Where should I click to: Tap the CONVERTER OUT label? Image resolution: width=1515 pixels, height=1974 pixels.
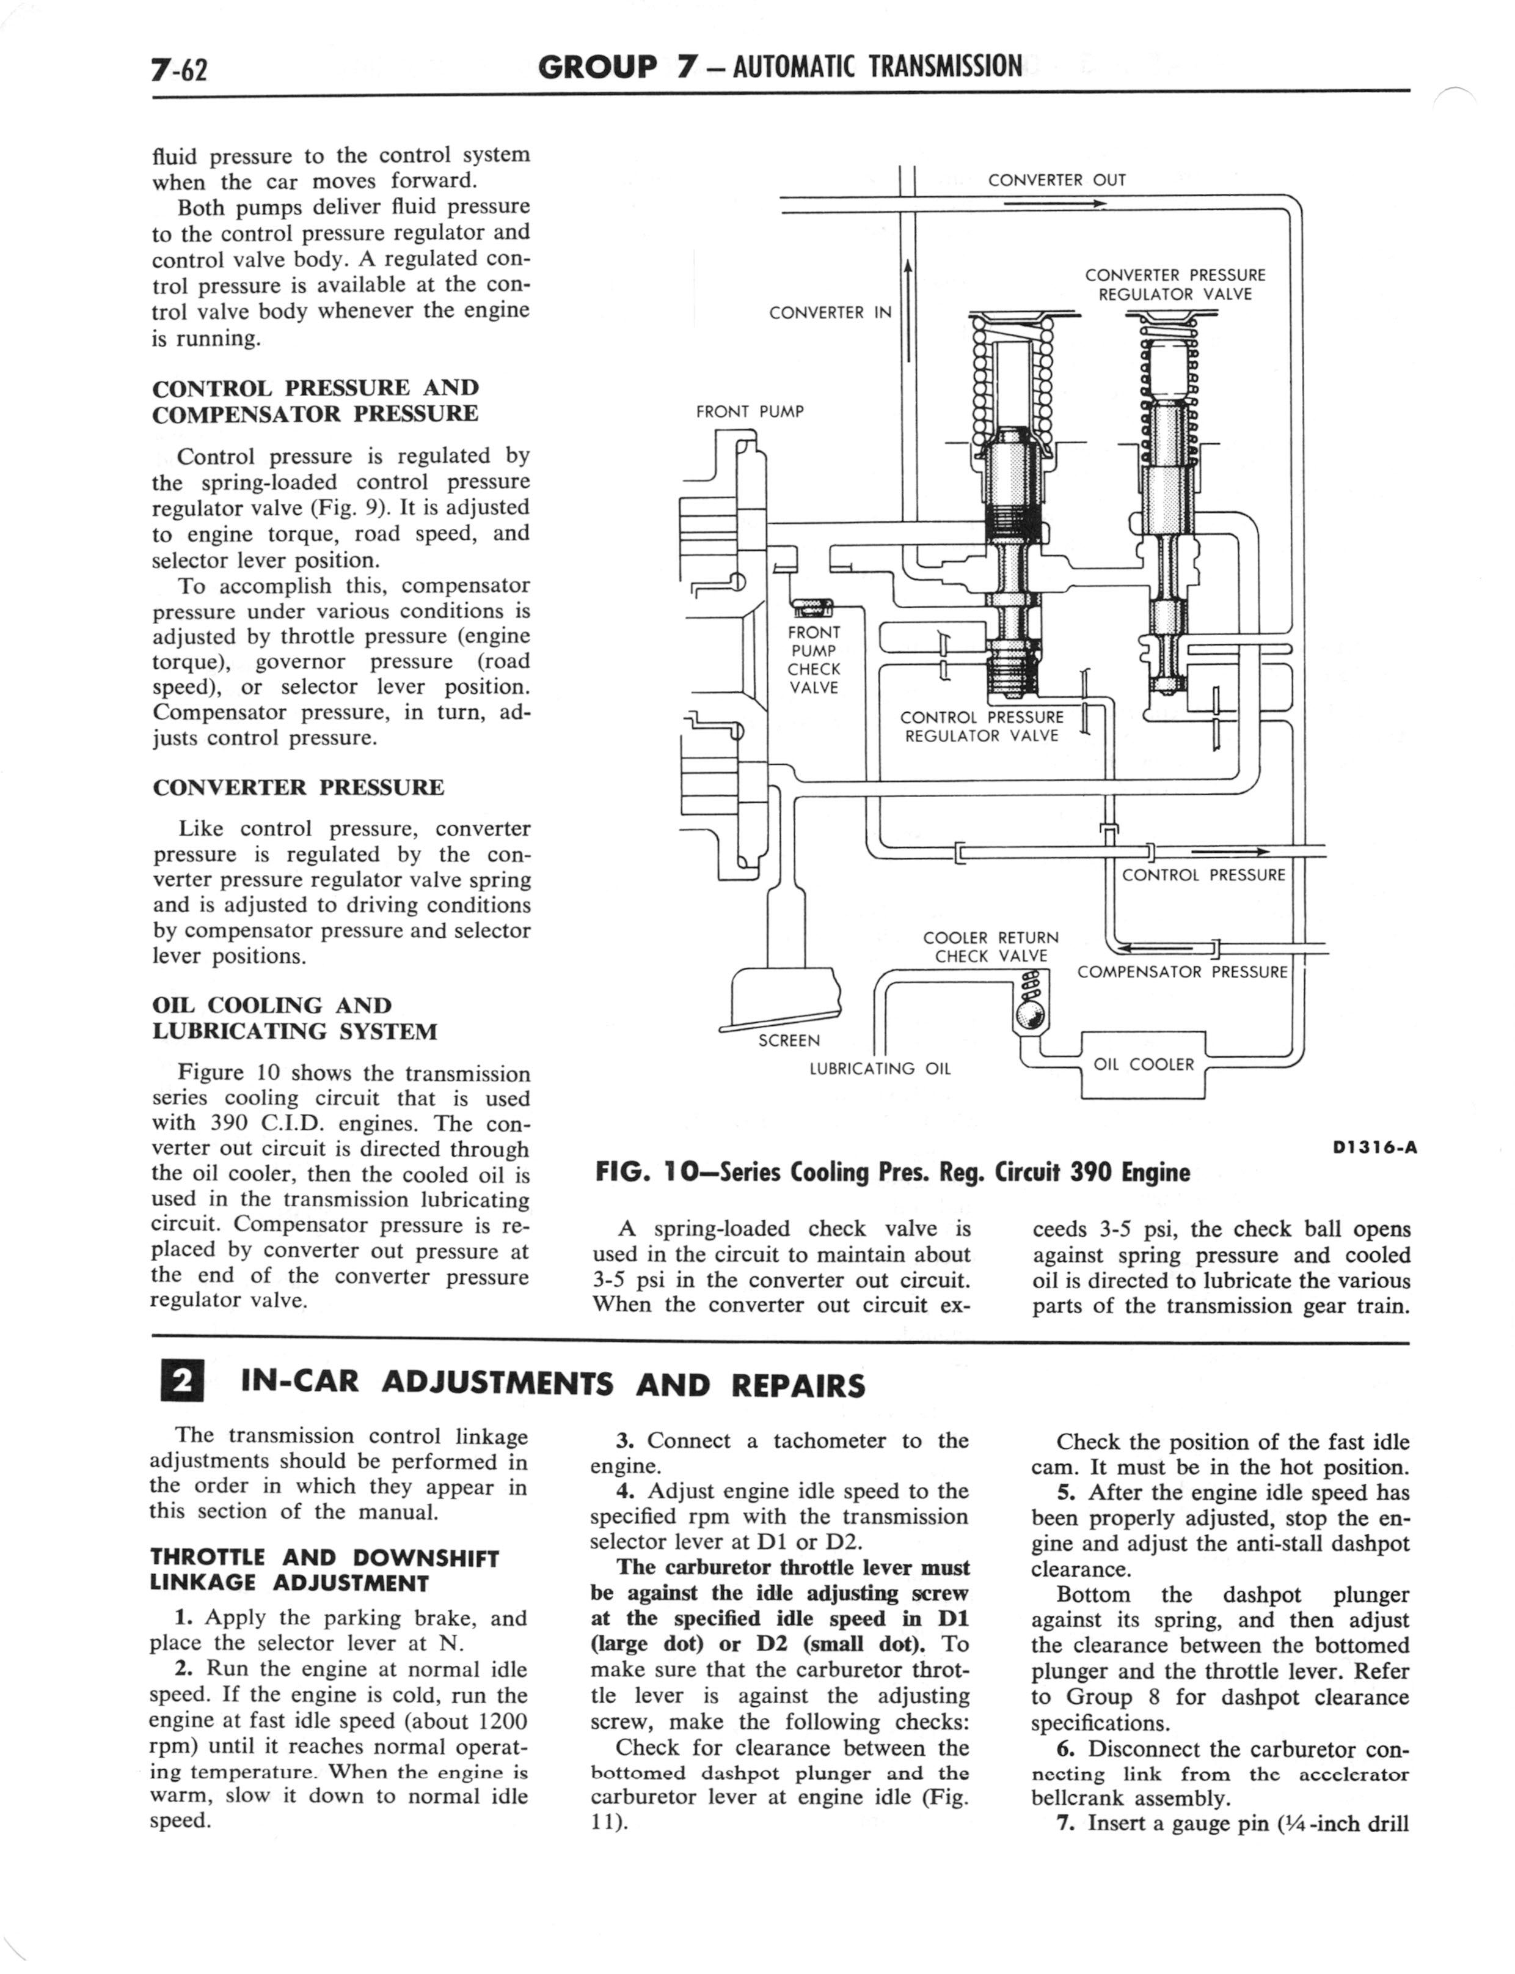click(x=1056, y=180)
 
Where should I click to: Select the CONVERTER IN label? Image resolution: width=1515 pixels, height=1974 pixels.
click(x=829, y=312)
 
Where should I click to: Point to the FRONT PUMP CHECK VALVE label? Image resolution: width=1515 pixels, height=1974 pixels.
click(x=814, y=660)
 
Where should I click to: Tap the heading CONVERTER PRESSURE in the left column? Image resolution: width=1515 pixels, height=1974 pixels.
click(x=299, y=787)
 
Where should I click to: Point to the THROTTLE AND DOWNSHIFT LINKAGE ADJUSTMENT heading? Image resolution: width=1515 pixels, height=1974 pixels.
click(x=324, y=1570)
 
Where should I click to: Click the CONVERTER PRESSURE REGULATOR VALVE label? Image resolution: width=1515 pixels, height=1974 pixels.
click(x=1174, y=284)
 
